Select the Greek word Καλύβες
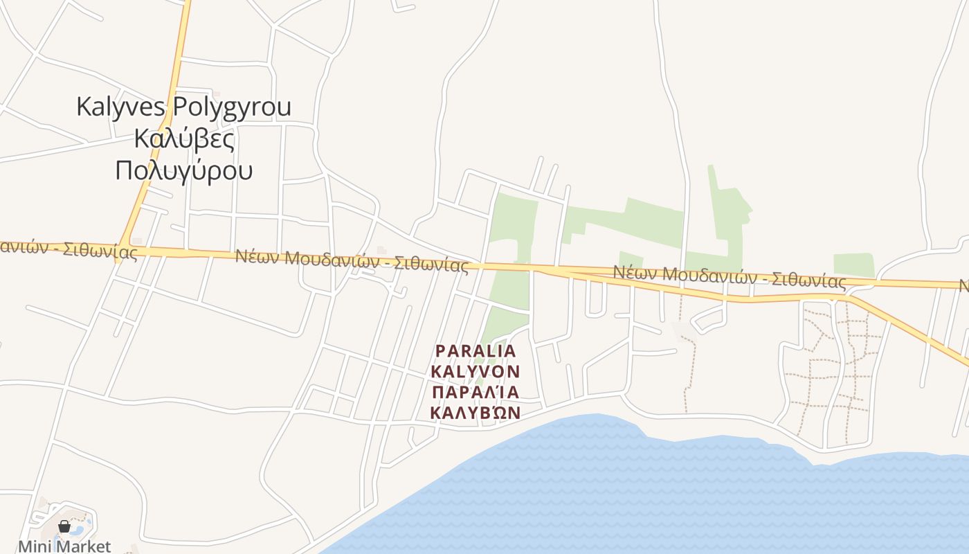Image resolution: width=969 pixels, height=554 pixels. (183, 138)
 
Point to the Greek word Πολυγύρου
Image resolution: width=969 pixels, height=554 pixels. (183, 170)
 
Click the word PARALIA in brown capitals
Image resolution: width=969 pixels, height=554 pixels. (476, 351)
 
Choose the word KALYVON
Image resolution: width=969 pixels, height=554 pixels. (476, 372)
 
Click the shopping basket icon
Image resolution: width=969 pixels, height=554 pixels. (64, 527)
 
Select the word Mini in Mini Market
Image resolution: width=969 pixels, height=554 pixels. (34, 546)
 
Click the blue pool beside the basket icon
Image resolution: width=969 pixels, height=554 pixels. (77, 531)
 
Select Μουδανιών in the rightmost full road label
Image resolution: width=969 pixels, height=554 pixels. (704, 276)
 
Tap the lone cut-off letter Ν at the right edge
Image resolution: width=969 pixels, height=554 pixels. (964, 285)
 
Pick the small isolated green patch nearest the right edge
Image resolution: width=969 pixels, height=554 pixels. (853, 265)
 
